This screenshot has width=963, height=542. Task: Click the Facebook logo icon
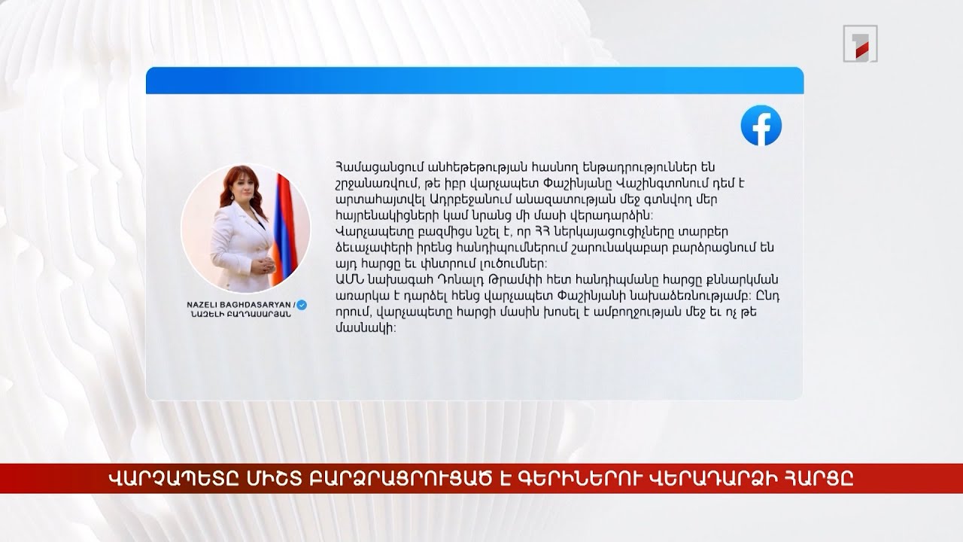[x=761, y=125]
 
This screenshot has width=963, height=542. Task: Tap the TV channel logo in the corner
[x=859, y=44]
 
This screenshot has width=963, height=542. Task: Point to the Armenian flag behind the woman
[x=284, y=218]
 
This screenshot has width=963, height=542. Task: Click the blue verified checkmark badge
[x=302, y=304]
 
